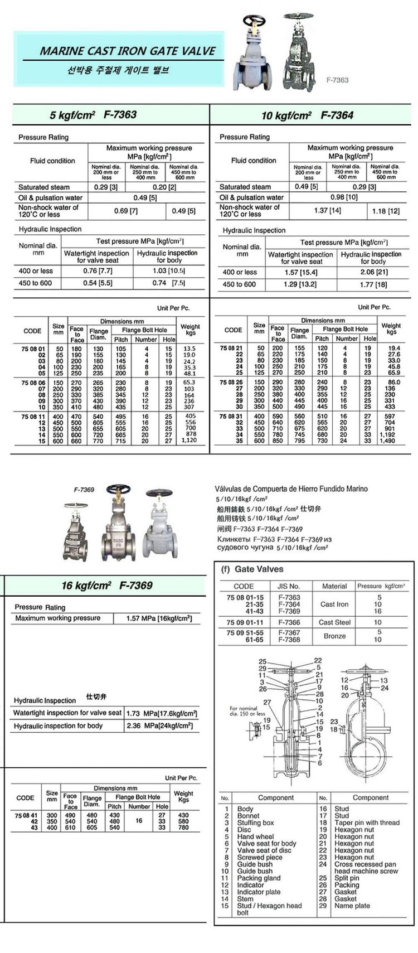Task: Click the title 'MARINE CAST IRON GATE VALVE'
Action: tap(127, 51)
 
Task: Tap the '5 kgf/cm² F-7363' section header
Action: tap(93, 115)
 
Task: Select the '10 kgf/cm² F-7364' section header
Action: tap(307, 116)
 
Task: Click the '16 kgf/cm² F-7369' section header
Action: tap(106, 586)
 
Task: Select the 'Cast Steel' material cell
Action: tap(334, 622)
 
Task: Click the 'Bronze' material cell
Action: tap(334, 636)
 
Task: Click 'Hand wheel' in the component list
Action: tap(255, 836)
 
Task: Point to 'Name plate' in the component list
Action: tap(352, 906)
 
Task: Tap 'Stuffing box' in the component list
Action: tap(255, 823)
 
